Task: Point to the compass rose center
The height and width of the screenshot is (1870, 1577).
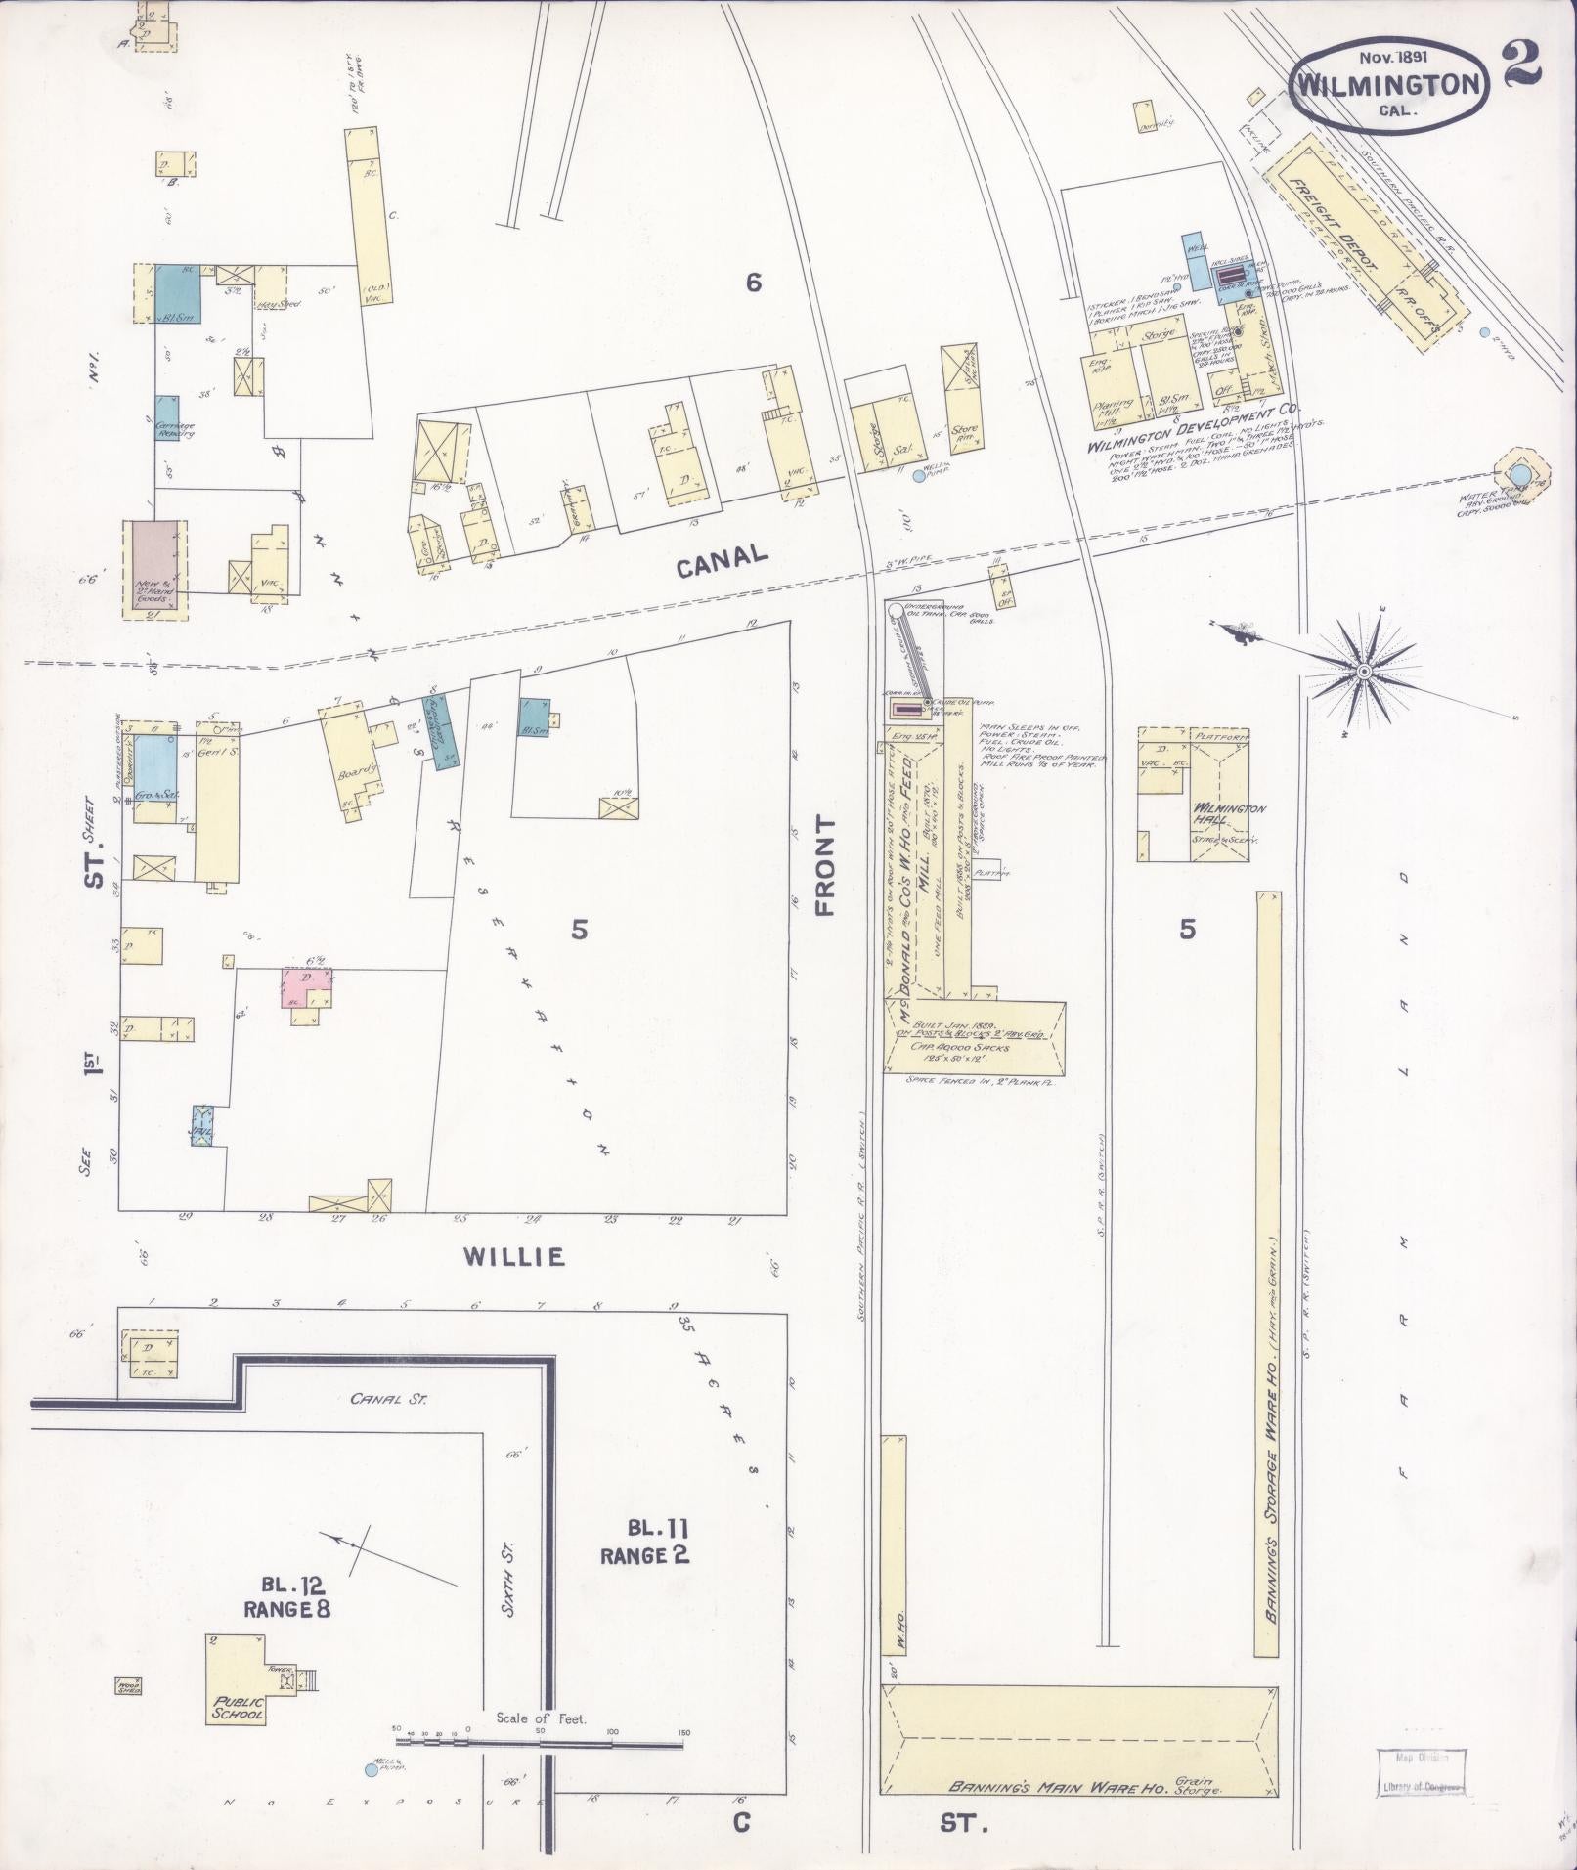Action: [1362, 671]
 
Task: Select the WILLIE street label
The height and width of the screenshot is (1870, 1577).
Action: [514, 1256]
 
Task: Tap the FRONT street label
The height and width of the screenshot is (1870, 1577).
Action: [825, 866]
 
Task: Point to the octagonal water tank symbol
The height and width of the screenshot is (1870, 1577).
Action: [1516, 475]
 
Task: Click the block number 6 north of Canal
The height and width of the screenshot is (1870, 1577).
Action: [753, 283]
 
